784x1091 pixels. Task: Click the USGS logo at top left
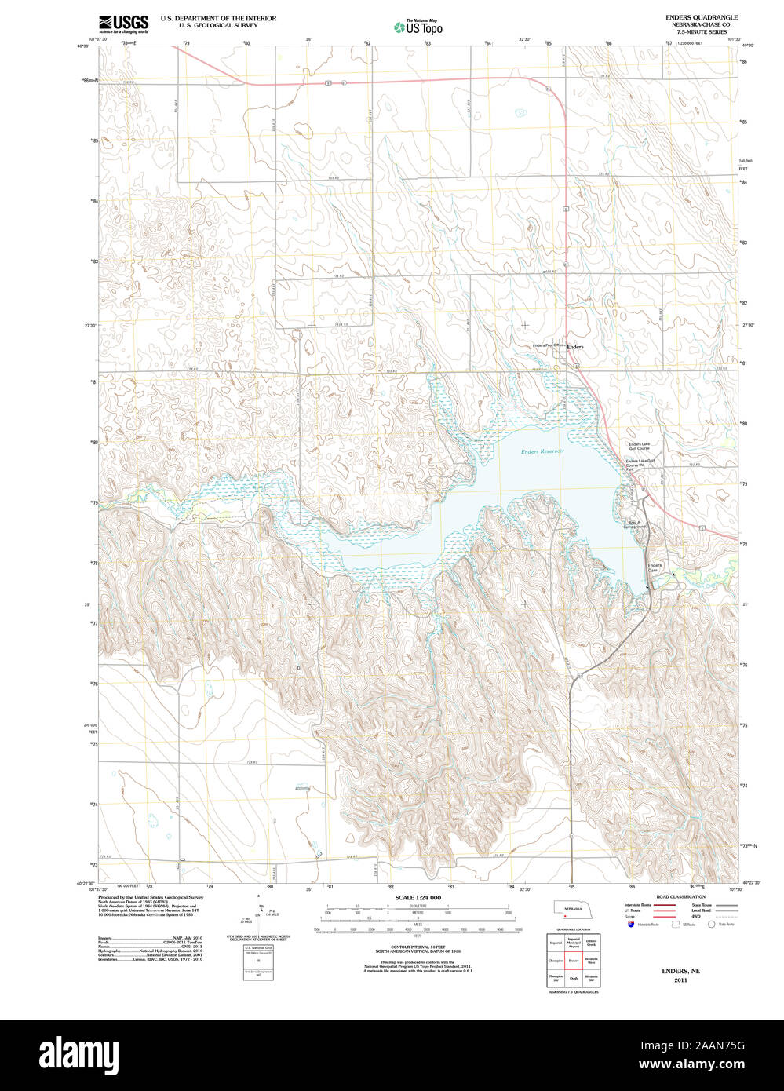pyautogui.click(x=124, y=24)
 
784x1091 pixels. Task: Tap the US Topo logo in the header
pyautogui.click(x=418, y=27)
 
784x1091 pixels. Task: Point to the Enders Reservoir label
pyautogui.click(x=542, y=451)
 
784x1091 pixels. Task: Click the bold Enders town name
pyautogui.click(x=575, y=346)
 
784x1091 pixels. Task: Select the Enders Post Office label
pyautogui.click(x=547, y=345)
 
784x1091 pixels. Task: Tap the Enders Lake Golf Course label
pyautogui.click(x=638, y=446)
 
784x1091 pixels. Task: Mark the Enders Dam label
pyautogui.click(x=655, y=567)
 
